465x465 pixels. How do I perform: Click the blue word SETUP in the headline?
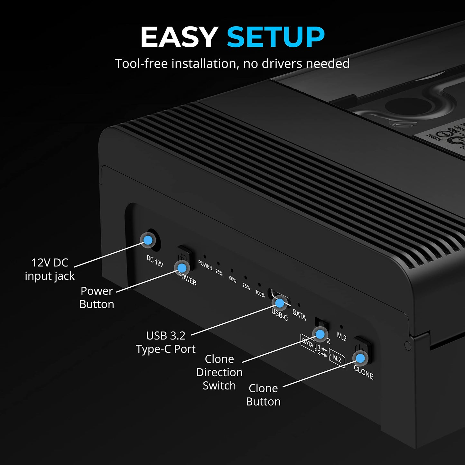point(275,37)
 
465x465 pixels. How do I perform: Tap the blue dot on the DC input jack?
point(148,240)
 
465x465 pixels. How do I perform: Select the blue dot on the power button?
point(182,268)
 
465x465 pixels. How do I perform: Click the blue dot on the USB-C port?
point(280,303)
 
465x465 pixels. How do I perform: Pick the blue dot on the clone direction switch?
point(320,334)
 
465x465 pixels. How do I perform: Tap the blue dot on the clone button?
point(360,358)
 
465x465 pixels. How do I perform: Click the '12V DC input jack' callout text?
point(50,269)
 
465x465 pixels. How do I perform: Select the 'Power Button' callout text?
point(97,297)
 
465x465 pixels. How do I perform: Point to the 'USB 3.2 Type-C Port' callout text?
point(165,342)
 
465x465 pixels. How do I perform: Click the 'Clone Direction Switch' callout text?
point(219,372)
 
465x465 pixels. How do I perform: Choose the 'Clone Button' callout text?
point(263,395)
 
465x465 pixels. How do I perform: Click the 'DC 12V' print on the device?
point(155,261)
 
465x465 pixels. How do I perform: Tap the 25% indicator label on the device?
point(219,272)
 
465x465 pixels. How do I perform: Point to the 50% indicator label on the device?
point(233,279)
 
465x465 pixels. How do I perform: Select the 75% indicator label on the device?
point(246,286)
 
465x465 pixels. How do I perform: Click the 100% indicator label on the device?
point(260,293)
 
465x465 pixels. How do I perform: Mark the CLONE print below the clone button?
point(363,373)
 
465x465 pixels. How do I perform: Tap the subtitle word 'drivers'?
point(282,64)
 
